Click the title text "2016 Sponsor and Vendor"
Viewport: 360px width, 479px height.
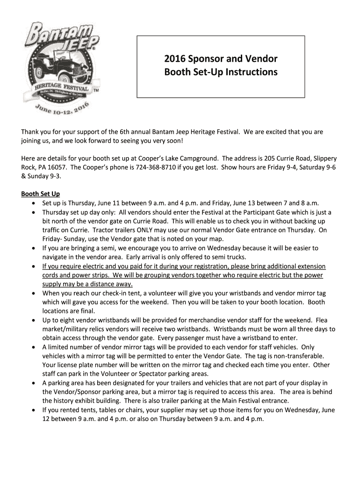pos(221,59)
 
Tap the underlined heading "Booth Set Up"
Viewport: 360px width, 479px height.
pos(41,194)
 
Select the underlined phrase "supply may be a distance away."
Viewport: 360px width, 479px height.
pos(87,284)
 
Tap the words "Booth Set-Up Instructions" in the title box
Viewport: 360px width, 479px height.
pos(221,73)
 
